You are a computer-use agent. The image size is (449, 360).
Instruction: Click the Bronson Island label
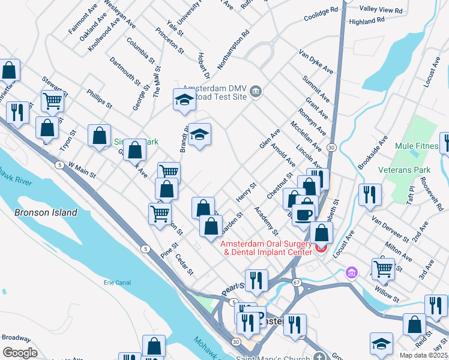point(46,212)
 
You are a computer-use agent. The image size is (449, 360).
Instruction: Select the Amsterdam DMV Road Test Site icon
point(256,91)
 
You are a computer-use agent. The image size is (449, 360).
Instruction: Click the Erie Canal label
point(117,281)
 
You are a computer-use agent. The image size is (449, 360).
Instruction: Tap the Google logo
point(20,353)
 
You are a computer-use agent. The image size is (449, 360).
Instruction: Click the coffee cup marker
point(304,214)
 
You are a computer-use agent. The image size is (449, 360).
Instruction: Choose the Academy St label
point(266,220)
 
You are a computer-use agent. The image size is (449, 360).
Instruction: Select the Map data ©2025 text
point(424,355)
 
